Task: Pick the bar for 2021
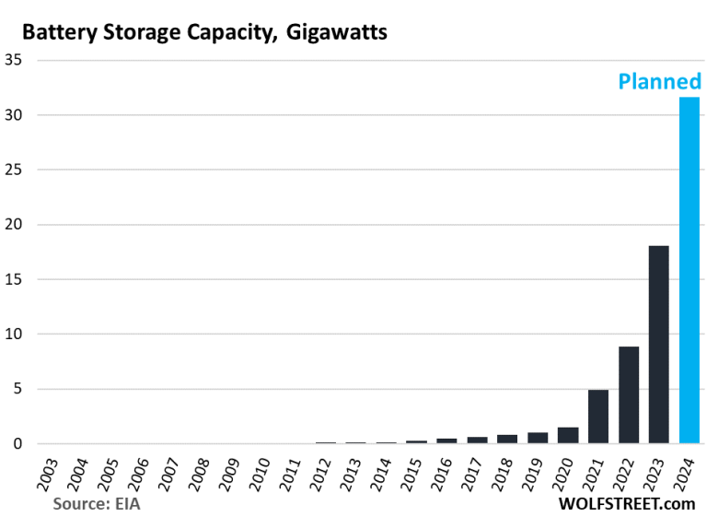(x=598, y=417)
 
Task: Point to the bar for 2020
(x=568, y=435)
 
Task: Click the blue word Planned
(x=658, y=82)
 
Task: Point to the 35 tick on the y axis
(x=16, y=61)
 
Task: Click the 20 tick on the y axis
(x=16, y=225)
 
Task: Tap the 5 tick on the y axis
(x=19, y=389)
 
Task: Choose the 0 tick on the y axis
(x=19, y=444)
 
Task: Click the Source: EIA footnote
(x=97, y=504)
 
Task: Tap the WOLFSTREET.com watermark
(x=627, y=504)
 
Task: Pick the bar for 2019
(x=538, y=438)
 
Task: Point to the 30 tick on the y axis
(x=16, y=115)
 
